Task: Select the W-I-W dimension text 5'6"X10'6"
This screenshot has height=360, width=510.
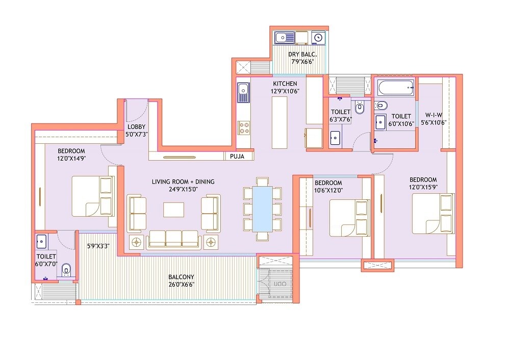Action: click(433, 122)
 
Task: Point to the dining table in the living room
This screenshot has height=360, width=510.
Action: click(263, 209)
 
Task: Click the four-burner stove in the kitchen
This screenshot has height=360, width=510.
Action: click(244, 127)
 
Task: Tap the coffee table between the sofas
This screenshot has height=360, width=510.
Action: click(174, 210)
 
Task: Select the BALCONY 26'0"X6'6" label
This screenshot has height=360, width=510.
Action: click(181, 281)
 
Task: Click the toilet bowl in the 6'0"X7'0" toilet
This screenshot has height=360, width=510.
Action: click(65, 269)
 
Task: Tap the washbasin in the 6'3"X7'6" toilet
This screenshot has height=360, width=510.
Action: click(335, 138)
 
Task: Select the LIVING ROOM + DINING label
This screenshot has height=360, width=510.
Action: click(183, 185)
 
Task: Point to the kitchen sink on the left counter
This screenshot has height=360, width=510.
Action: click(243, 91)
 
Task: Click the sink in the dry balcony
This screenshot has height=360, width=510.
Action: click(283, 37)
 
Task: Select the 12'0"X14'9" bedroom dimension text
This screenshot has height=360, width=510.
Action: click(71, 158)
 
